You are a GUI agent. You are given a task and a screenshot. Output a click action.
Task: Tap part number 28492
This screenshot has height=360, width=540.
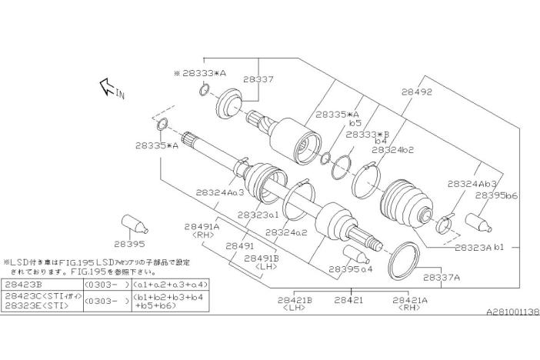tap(416, 92)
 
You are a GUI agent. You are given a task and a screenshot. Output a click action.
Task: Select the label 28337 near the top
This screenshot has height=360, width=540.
tap(258, 78)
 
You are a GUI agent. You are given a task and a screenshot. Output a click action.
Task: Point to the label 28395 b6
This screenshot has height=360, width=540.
tap(496, 196)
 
